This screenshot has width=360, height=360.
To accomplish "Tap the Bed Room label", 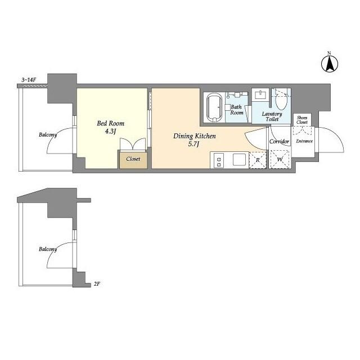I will pos(110,123).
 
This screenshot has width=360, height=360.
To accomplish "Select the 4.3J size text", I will pos(110,132).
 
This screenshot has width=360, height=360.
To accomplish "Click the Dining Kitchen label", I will pos(194,136).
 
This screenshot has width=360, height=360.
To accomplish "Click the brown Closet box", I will pos(133,159).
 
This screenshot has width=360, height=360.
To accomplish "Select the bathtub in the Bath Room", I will pos(214,107).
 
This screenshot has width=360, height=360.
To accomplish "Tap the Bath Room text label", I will pos(237,109).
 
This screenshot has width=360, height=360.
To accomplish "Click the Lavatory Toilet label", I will pos(272,116).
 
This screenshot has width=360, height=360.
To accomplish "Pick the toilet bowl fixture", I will pos(281,101).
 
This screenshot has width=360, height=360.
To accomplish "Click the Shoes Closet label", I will pos(302,120).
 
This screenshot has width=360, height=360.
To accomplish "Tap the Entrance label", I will pos(304,141).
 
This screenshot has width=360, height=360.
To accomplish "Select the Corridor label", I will pos(279,141).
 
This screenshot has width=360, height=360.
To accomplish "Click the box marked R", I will pos(258,160).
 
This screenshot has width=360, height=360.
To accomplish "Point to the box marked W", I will pos(280,160).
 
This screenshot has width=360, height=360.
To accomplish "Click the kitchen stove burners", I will pos(218,160).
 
